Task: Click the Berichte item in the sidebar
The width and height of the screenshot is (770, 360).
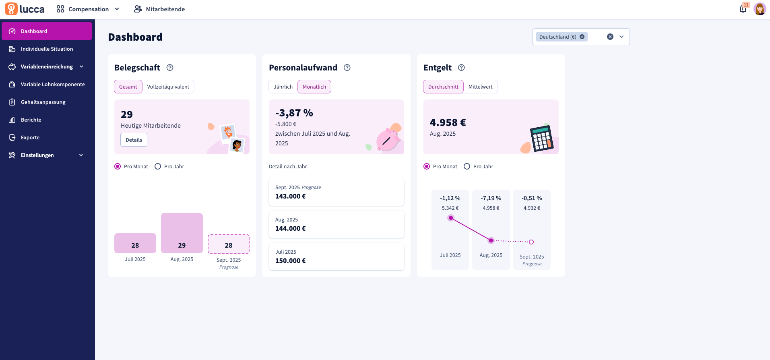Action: click(31, 120)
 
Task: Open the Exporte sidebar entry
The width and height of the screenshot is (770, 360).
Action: click(30, 137)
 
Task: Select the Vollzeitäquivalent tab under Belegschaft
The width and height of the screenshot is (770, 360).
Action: click(168, 87)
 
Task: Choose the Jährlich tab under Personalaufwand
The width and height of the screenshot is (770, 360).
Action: click(283, 87)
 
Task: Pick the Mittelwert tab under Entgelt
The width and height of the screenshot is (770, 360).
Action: click(480, 87)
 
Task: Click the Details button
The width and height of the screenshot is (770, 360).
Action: click(134, 140)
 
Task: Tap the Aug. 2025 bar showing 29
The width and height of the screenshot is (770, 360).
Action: click(182, 233)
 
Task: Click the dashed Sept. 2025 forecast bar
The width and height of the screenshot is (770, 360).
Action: click(228, 244)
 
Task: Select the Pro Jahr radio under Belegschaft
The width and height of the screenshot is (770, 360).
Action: click(158, 166)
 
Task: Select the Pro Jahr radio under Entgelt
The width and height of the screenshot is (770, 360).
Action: click(467, 166)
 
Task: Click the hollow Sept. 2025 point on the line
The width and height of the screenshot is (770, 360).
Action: click(531, 242)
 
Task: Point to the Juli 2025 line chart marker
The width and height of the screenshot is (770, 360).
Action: click(451, 218)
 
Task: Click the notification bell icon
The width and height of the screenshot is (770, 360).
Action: click(743, 9)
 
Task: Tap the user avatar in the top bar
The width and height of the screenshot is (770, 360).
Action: click(760, 9)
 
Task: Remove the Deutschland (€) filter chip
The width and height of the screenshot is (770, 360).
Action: click(582, 37)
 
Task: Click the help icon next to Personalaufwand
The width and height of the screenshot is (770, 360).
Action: click(347, 68)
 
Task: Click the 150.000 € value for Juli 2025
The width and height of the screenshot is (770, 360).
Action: click(290, 261)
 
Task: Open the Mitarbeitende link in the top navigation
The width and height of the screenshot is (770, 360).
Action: click(159, 9)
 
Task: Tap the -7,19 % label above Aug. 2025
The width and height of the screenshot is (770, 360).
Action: click(491, 198)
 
